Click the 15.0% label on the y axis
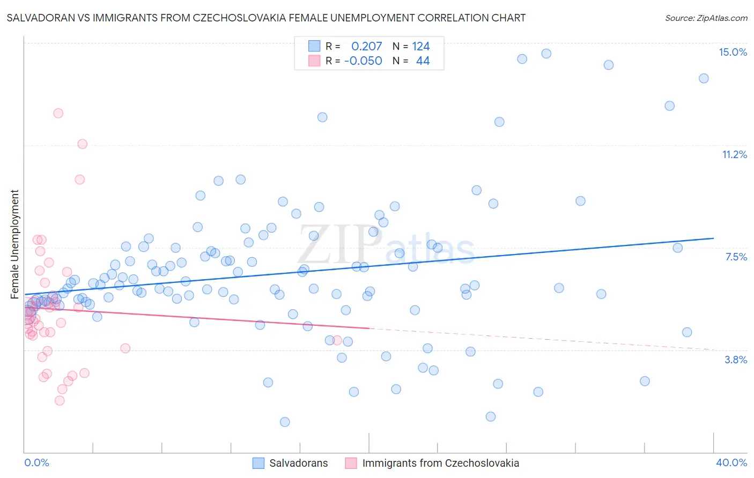(x=733, y=52)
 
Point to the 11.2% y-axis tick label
(x=734, y=155)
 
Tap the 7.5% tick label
(x=736, y=257)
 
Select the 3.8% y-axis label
(x=736, y=360)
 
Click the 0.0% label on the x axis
(x=36, y=462)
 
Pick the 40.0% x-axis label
(x=731, y=462)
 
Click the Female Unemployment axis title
(x=14, y=244)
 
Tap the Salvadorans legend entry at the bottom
(x=298, y=463)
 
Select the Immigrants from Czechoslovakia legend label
(x=440, y=463)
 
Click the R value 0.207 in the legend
(x=366, y=47)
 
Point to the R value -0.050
(x=363, y=61)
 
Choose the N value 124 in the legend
(x=421, y=47)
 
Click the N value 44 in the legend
(x=423, y=61)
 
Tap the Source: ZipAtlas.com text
(x=706, y=18)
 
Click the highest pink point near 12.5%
(x=58, y=113)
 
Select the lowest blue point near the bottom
(x=285, y=422)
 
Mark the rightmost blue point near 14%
(x=704, y=78)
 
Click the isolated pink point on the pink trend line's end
(x=337, y=340)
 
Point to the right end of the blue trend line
(x=713, y=238)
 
